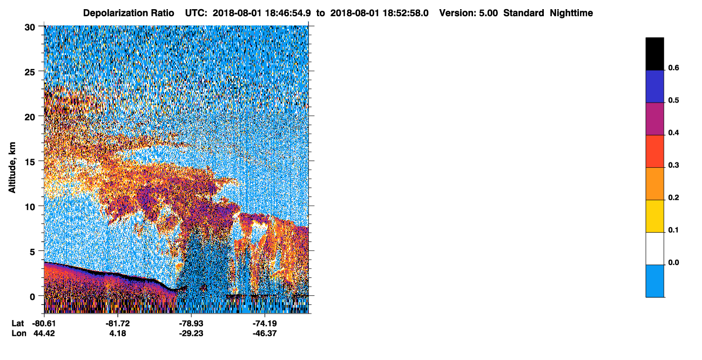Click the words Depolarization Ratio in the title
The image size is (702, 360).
pos(129,13)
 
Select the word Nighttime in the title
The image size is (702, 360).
pos(571,13)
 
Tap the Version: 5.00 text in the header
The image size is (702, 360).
pos(469,13)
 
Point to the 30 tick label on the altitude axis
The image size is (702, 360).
pos(30,28)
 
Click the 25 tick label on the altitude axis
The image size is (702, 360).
pos(30,72)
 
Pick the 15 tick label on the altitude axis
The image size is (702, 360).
pos(30,162)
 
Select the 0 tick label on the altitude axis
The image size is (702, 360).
pos(32,297)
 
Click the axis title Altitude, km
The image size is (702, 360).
pos(12,167)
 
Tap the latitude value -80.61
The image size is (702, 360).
pos(44,323)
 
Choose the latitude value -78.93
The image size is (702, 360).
pos(191,323)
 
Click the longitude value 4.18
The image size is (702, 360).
pos(118,333)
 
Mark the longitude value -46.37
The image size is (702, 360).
pos(265,333)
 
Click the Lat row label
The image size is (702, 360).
pos(18,323)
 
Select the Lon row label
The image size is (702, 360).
pos(19,333)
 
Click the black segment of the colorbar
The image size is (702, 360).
pos(654,54)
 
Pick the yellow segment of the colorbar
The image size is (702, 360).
pos(654,216)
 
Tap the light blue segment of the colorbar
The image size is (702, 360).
pos(654,281)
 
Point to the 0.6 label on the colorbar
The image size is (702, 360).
pos(673,67)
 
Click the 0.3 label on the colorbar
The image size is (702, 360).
pos(673,165)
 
